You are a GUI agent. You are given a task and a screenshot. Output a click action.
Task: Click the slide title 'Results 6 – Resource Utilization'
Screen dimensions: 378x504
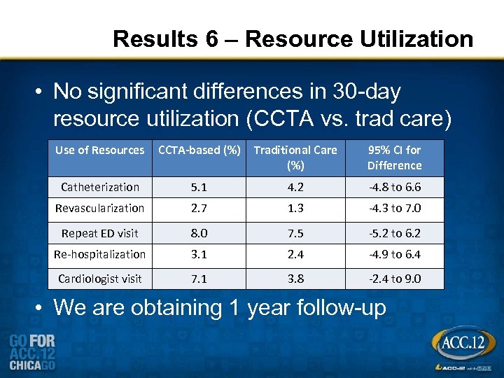pyautogui.click(x=293, y=39)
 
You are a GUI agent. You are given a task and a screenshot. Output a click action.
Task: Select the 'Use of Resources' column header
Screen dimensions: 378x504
pyautogui.click(x=100, y=150)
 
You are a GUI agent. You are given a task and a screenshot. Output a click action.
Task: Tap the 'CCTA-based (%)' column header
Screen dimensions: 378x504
pyautogui.click(x=199, y=150)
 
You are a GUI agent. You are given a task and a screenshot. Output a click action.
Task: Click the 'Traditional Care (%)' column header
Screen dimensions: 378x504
pyautogui.click(x=295, y=157)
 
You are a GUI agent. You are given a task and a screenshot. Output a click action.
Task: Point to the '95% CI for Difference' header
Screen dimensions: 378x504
pyautogui.click(x=394, y=157)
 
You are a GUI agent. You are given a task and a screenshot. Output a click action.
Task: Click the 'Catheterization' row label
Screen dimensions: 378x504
pyautogui.click(x=100, y=187)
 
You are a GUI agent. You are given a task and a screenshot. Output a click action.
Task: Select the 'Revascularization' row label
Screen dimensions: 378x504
pyautogui.click(x=100, y=208)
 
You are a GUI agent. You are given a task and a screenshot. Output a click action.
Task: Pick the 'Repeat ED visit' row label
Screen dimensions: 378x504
pyautogui.click(x=100, y=233)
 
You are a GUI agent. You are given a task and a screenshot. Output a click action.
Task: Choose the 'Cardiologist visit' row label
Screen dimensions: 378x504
pyautogui.click(x=100, y=279)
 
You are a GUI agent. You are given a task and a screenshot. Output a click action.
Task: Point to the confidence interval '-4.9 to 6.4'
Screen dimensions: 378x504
pyautogui.click(x=394, y=254)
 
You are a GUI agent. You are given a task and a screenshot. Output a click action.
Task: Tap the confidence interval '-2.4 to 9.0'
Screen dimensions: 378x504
pyautogui.click(x=394, y=279)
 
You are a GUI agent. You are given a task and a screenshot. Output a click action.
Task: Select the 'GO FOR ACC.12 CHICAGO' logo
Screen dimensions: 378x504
pyautogui.click(x=33, y=352)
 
